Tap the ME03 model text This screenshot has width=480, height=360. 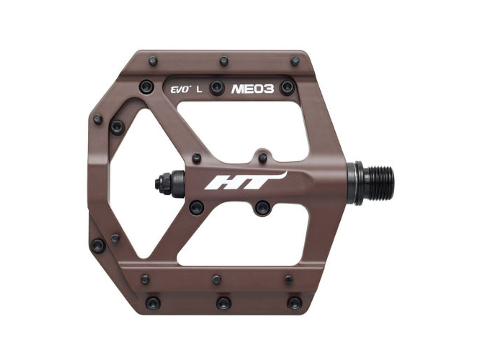[x=253, y=89]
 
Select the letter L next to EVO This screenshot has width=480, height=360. [x=199, y=90]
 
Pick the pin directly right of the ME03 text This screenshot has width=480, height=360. [x=287, y=88]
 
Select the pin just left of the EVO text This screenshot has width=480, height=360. [x=147, y=87]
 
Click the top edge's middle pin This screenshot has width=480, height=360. [x=224, y=61]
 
